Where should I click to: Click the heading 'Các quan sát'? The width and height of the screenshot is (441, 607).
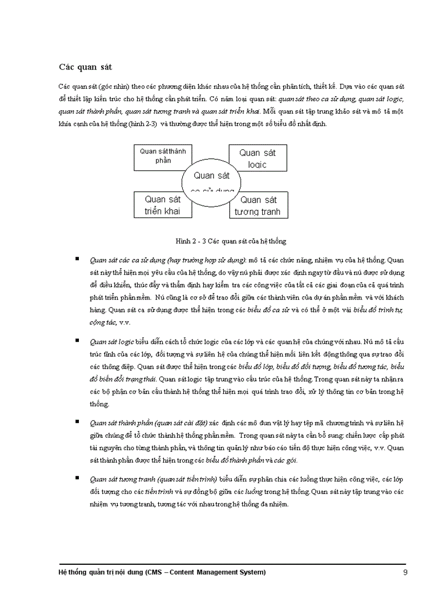pyautogui.click(x=85, y=67)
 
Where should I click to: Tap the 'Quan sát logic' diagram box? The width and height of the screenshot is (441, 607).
pyautogui.click(x=257, y=157)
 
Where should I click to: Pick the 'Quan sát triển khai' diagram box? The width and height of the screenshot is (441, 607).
pyautogui.click(x=162, y=205)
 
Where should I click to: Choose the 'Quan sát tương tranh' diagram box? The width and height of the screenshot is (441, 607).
pyautogui.click(x=258, y=205)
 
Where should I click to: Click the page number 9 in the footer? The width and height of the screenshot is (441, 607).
pyautogui.click(x=405, y=572)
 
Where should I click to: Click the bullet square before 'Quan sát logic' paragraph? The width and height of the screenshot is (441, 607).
pyautogui.click(x=77, y=340)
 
